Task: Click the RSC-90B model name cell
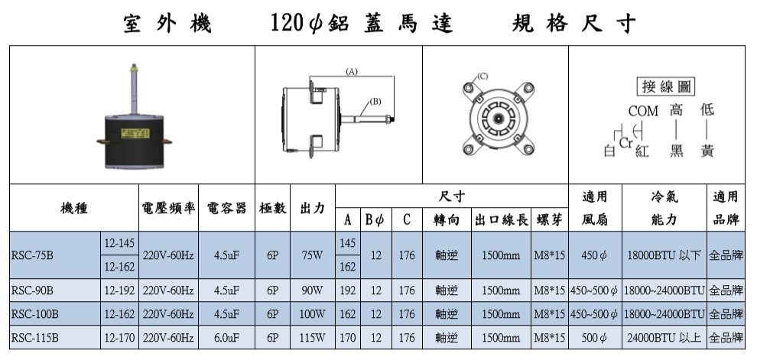[55, 290]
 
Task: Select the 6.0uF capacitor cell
[226, 337]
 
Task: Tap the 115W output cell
[313, 337]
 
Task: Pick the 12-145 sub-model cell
[119, 243]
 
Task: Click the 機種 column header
[74, 208]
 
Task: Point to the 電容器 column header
[226, 208]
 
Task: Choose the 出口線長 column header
[501, 220]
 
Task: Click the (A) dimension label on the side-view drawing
[352, 72]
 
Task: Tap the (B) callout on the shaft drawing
[375, 102]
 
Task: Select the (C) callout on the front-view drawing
[482, 76]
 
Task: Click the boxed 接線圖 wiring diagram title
[666, 86]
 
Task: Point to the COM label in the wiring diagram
[643, 111]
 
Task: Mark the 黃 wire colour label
[707, 151]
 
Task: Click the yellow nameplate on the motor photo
[135, 133]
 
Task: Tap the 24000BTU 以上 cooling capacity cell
[664, 337]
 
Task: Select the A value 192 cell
[348, 290]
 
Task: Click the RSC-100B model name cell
[55, 314]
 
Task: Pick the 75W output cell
[313, 255]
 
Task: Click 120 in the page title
[287, 23]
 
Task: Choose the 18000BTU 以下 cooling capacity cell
[664, 255]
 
